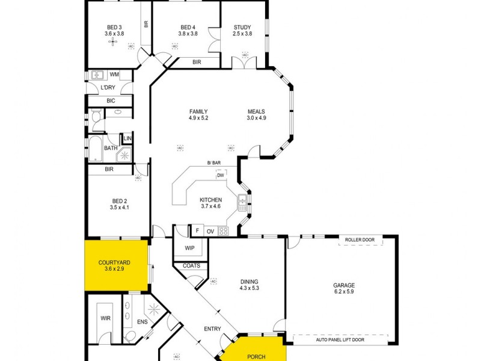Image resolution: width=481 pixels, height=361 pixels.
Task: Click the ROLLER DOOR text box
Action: click(x=360, y=240)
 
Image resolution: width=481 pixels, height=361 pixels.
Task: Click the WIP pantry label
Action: click(x=189, y=247)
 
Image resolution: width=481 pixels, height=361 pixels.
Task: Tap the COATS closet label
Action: click(x=191, y=266)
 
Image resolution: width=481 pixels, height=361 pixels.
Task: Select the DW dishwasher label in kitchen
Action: click(x=229, y=175)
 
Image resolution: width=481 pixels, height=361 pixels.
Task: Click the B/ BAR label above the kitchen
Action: click(x=213, y=163)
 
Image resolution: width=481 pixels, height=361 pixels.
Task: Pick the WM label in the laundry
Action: click(x=114, y=75)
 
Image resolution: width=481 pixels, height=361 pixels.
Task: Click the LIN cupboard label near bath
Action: click(x=127, y=138)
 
